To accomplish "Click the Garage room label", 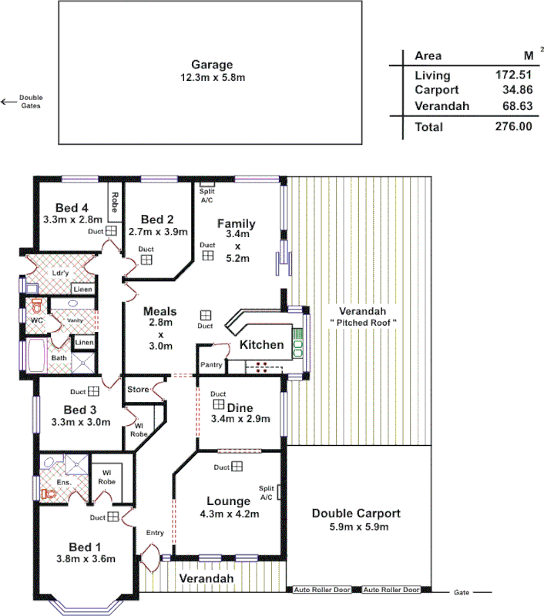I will (211, 65).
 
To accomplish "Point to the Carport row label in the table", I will (436, 91).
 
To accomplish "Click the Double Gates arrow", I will (8, 101).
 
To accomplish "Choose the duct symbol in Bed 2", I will (146, 259).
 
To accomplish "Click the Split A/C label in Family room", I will (207, 196).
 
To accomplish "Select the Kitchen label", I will (260, 344).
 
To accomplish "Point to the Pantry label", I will (211, 363).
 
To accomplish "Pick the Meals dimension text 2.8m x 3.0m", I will (161, 335).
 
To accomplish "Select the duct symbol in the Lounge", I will (237, 467).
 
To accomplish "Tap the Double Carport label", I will (355, 514).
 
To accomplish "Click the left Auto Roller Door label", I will (321, 590).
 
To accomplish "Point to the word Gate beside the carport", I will (461, 593).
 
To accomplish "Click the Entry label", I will (155, 532).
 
